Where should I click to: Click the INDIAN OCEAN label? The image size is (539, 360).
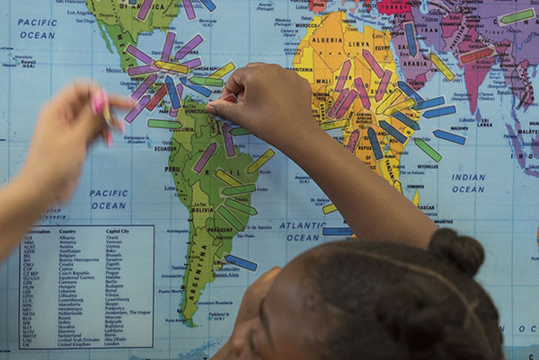coord(468,183)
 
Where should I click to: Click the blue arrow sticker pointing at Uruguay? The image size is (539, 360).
coord(241,262)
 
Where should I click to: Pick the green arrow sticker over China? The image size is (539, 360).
coord(516,16)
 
